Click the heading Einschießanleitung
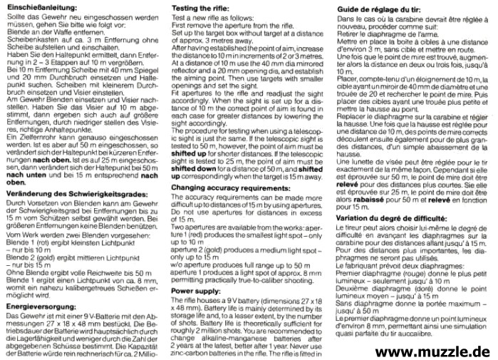(40, 6)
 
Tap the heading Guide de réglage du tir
(374, 6)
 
